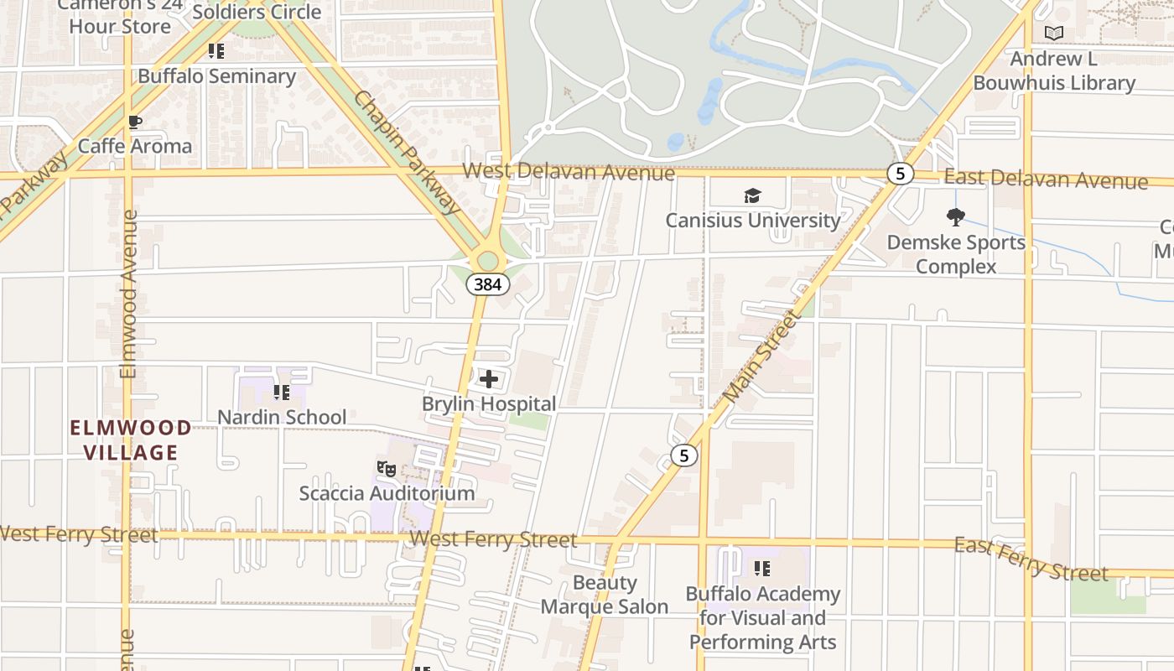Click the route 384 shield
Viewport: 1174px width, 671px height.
click(487, 284)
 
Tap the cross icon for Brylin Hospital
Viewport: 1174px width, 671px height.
click(488, 379)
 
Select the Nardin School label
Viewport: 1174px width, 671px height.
click(282, 417)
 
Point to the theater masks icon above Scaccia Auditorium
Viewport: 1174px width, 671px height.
click(386, 468)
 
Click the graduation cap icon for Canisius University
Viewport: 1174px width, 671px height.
click(752, 196)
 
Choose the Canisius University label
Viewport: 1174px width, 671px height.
click(752, 221)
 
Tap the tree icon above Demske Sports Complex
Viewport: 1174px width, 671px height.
click(955, 218)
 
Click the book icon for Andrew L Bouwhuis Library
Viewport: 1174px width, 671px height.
click(1054, 34)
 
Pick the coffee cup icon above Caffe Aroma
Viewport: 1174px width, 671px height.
click(134, 122)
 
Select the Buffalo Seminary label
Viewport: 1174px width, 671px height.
click(217, 76)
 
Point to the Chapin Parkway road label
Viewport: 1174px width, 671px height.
click(408, 152)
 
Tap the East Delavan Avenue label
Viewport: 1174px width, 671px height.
click(1046, 179)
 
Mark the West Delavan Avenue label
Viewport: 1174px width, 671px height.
click(568, 172)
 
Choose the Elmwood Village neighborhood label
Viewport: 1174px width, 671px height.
click(130, 440)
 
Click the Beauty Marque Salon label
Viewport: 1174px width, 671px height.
click(605, 595)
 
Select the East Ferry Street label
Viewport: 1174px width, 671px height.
click(1031, 559)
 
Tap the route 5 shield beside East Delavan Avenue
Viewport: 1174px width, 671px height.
click(900, 174)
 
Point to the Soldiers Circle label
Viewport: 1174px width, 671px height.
click(257, 13)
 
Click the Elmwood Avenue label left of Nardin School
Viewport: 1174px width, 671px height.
click(127, 294)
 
